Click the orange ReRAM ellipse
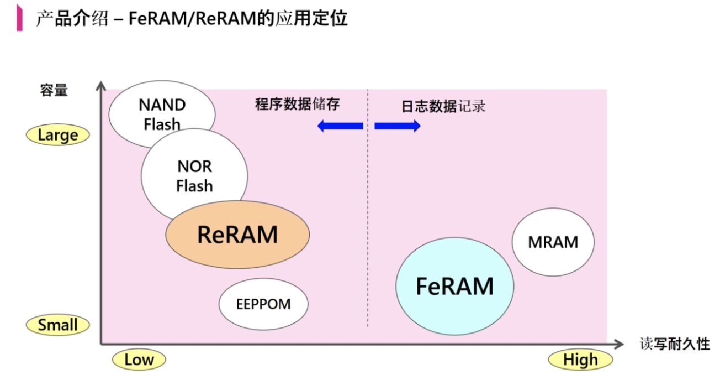pos(237,235)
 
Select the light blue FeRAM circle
pos(454,287)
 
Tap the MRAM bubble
pos(553,242)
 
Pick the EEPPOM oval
pos(263,304)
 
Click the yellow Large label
pos(58,135)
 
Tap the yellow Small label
pos(58,325)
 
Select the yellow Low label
pos(139,360)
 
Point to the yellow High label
pos(580,360)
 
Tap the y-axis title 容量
pos(54,91)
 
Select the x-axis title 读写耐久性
pos(675,344)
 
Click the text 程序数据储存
pos(297,104)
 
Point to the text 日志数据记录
pos(443,106)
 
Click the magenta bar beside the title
pos(20,18)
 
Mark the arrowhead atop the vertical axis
pos(100,86)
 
